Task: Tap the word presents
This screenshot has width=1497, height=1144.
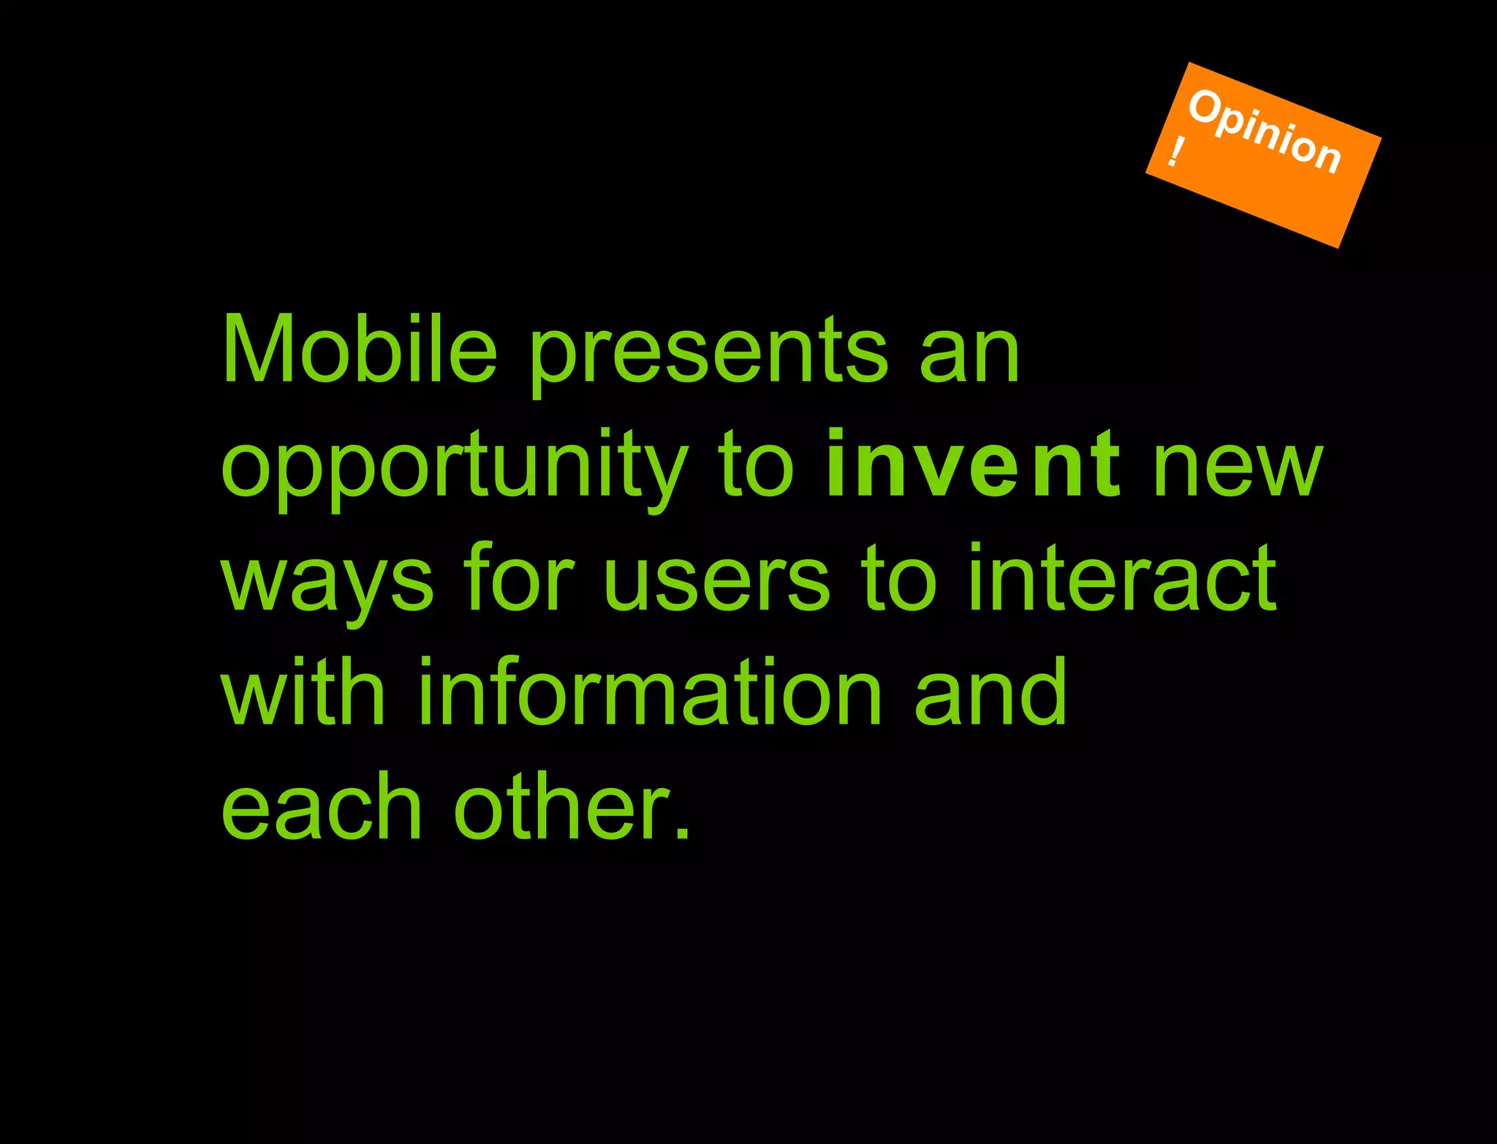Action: tap(709, 355)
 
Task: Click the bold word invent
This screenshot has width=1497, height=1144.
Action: tap(973, 463)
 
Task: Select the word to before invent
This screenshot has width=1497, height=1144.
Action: tap(756, 468)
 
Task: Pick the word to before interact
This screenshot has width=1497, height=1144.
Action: tap(898, 581)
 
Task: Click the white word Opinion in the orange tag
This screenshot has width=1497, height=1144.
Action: tap(1265, 132)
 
